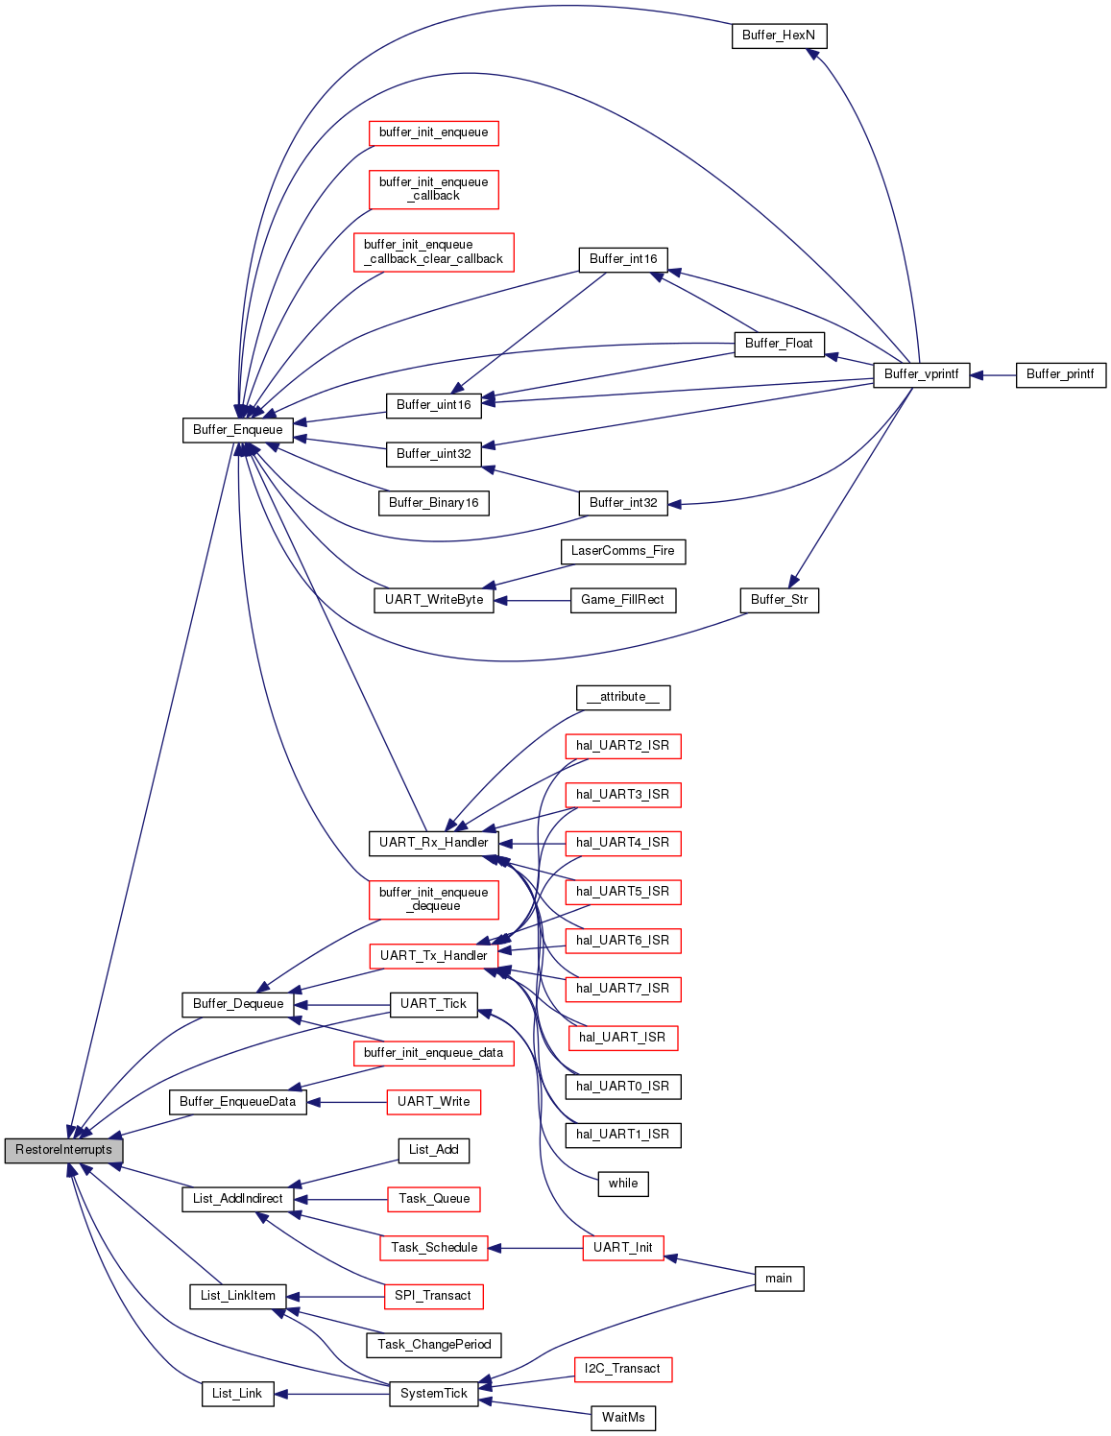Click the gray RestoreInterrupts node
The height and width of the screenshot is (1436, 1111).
pos(63,1150)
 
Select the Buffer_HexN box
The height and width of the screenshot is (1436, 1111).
pos(779,36)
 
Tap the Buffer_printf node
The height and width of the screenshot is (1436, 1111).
pos(1060,374)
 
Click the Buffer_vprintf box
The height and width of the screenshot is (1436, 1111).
pos(921,374)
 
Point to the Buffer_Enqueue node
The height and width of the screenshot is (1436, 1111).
pos(237,430)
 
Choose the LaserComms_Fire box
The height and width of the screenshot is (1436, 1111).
pos(622,551)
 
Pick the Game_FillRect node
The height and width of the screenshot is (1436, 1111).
pos(622,600)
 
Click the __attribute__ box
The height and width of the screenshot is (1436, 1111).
pos(622,697)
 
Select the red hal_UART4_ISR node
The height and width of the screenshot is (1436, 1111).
pos(622,843)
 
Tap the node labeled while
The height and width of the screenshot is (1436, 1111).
pos(622,1184)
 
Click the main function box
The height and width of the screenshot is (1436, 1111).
pos(779,1279)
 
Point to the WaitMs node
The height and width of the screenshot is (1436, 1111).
pos(623,1418)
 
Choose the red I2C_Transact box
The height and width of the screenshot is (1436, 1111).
pos(622,1369)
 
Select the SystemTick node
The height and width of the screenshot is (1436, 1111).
pos(434,1394)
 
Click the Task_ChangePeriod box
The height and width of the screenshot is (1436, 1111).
pos(434,1345)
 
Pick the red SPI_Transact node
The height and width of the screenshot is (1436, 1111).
pos(433,1296)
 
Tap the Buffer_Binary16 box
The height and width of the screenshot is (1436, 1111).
pos(434,503)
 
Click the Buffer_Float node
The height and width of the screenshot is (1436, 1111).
pos(779,344)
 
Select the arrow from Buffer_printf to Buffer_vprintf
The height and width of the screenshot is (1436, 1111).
pos(993,375)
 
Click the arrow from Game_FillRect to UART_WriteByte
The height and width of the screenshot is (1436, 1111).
pos(533,601)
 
